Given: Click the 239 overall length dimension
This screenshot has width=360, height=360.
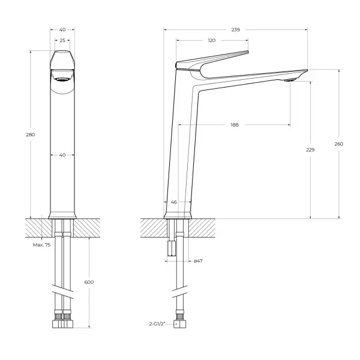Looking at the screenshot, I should [x=236, y=28].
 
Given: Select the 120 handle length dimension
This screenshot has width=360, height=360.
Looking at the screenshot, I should [x=212, y=40].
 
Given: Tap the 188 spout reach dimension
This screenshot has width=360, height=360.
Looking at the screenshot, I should [x=235, y=125].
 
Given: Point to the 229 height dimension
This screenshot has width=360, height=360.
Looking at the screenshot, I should [x=310, y=149].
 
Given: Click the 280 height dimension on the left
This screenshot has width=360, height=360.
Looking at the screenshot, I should [x=31, y=134].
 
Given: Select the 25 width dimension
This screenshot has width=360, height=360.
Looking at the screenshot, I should [x=62, y=40].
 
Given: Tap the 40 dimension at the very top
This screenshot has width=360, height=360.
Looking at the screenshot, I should [x=62, y=28].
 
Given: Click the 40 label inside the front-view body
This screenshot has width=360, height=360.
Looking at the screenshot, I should [x=62, y=155].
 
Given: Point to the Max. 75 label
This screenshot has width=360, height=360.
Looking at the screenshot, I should [x=41, y=245].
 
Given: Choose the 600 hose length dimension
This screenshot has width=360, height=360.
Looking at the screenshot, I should [x=89, y=282].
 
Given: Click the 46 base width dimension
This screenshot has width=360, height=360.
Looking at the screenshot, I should [x=174, y=202].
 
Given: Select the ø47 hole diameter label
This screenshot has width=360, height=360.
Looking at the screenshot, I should [x=199, y=260].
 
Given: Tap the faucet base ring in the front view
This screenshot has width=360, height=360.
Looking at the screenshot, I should [x=62, y=215].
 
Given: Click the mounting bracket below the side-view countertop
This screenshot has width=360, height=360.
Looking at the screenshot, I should [x=170, y=247].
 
